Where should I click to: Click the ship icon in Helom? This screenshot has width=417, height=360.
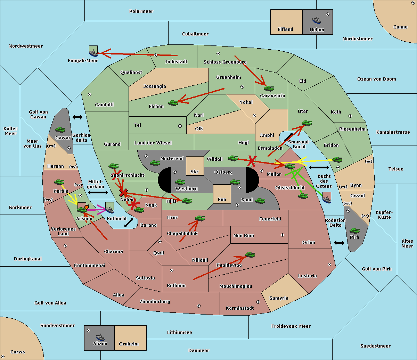[317, 20]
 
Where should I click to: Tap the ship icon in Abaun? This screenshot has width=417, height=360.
[100, 337]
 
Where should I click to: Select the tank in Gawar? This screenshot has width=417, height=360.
[60, 129]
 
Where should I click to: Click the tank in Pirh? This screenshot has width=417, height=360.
[354, 231]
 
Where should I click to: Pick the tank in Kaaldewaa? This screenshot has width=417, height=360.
[250, 255]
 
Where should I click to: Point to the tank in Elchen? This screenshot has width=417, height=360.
[173, 103]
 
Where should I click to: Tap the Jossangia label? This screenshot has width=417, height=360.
[155, 86]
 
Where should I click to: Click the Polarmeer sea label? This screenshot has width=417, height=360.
[141, 11]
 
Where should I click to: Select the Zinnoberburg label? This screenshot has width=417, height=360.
[155, 301]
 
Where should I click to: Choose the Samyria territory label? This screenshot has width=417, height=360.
[279, 298]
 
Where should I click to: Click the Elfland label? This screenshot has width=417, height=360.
[285, 29]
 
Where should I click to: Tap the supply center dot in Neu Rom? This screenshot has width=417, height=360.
[283, 235]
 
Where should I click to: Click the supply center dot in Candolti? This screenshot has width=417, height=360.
[90, 94]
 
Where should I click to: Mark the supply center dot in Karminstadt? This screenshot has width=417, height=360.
[258, 302]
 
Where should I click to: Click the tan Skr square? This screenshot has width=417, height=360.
[195, 166]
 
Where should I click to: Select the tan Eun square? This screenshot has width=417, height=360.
[222, 194]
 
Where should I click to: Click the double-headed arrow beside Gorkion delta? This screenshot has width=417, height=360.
[77, 117]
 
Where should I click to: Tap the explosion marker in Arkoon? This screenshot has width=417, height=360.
[87, 207]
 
